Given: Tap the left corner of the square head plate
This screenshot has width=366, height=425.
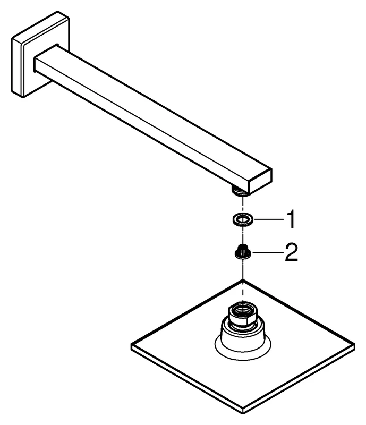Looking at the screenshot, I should (132, 347).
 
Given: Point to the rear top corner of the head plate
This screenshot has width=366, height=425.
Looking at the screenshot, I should (243, 280).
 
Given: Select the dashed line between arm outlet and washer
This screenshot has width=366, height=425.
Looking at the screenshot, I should (243, 205).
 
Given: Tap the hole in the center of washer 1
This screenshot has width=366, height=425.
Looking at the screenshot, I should (243, 220).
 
